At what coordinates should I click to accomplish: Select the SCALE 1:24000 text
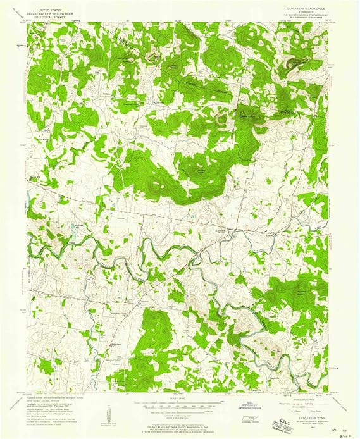tap(178, 397)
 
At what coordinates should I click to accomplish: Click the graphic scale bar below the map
tap(178, 403)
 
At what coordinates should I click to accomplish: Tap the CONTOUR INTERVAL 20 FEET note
tap(178, 411)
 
